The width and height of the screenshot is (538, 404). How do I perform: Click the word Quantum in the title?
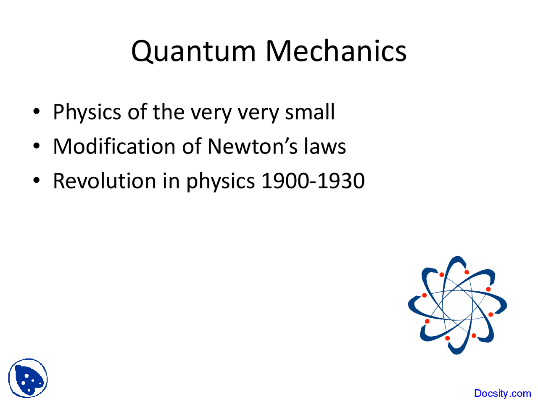click(x=193, y=51)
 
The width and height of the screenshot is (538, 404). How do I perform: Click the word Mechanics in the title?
click(x=336, y=51)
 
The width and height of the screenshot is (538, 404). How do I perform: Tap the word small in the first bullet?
click(x=310, y=112)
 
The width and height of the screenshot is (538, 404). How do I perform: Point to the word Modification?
click(x=114, y=146)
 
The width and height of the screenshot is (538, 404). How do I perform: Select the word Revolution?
click(x=104, y=181)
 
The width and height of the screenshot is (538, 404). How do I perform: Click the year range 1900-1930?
click(x=313, y=181)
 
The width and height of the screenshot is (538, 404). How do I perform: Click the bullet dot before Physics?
click(x=37, y=112)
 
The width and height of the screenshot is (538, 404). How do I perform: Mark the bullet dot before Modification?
click(x=37, y=146)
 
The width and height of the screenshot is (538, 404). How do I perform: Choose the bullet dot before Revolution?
click(x=37, y=181)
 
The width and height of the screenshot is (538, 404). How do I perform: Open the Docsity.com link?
click(x=502, y=393)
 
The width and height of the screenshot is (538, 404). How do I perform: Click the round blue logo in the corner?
click(x=28, y=378)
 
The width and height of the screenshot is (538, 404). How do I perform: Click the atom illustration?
click(x=457, y=305)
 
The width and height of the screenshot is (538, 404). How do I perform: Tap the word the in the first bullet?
click(x=168, y=112)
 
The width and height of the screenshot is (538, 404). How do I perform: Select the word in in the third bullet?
click(x=171, y=181)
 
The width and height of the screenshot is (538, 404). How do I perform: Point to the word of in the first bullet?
click(x=137, y=112)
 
